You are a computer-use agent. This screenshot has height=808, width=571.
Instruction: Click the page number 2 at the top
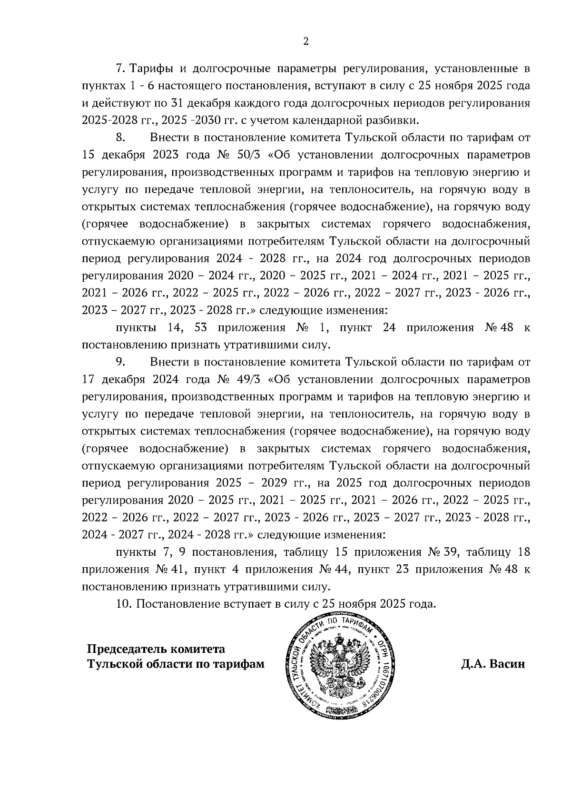coord(306,42)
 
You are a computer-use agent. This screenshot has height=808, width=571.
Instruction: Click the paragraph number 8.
coord(120,138)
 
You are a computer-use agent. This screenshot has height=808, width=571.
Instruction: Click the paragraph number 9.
coord(120,363)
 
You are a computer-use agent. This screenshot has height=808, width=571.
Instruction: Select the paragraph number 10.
coord(123,604)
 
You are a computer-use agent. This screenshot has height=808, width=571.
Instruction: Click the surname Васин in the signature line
coord(507,664)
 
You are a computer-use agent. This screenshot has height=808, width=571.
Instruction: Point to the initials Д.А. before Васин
coord(473,664)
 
